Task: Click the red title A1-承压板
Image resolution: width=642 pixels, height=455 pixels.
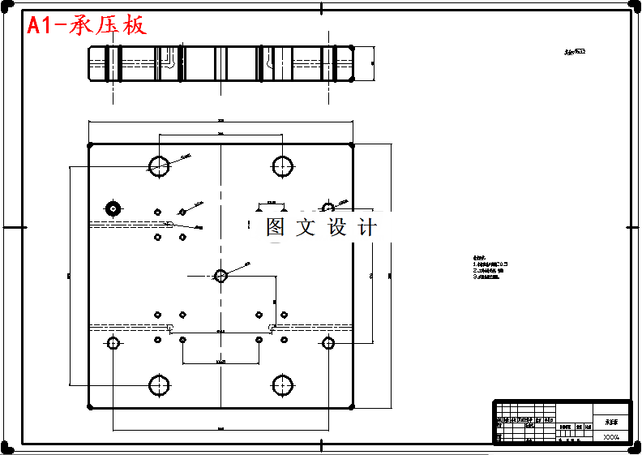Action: pyautogui.click(x=87, y=25)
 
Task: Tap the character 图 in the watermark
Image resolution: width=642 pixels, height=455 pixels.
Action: pyautogui.click(x=276, y=228)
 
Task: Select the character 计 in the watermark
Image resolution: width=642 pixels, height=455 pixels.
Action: pyautogui.click(x=367, y=228)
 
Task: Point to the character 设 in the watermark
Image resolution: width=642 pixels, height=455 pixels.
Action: pyautogui.click(x=337, y=228)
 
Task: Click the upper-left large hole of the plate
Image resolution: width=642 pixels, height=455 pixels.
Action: pyautogui.click(x=158, y=166)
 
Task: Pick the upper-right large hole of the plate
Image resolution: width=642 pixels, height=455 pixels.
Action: pyautogui.click(x=282, y=166)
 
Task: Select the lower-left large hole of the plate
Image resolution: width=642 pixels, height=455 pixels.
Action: pyautogui.click(x=158, y=384)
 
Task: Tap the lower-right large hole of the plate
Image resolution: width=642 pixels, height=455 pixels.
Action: pyautogui.click(x=282, y=384)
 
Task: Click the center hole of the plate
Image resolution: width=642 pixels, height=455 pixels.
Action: pyautogui.click(x=220, y=275)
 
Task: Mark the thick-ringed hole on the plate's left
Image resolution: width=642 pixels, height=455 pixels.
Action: pyautogui.click(x=113, y=208)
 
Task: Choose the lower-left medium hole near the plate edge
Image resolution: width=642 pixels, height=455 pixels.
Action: pyautogui.click(x=113, y=343)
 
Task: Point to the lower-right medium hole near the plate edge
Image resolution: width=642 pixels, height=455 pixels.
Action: pyautogui.click(x=328, y=343)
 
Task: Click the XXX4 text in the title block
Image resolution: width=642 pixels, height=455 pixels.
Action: pyautogui.click(x=610, y=437)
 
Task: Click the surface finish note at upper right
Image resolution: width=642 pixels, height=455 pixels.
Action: pyautogui.click(x=575, y=51)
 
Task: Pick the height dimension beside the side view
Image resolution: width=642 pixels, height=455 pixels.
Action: pyautogui.click(x=372, y=62)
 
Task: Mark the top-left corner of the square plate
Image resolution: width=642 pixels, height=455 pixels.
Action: pyautogui.click(x=89, y=144)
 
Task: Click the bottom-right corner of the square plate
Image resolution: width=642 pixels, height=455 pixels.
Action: pyautogui.click(x=352, y=407)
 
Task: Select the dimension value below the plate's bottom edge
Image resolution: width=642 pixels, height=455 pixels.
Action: pyautogui.click(x=220, y=427)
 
